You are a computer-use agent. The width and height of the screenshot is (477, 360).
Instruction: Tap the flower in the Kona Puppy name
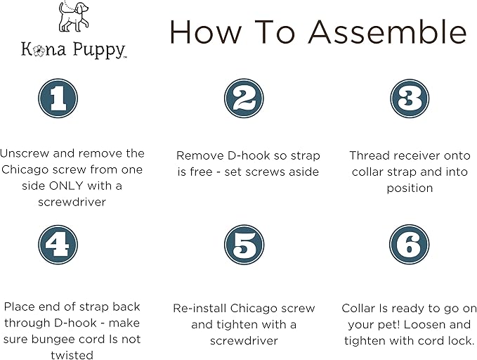tap(38, 50)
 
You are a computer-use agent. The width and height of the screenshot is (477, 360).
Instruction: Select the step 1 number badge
tap(58, 98)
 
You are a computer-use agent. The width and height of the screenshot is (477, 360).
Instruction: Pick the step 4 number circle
tap(58, 245)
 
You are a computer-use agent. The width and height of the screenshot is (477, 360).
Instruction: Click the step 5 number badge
tap(243, 245)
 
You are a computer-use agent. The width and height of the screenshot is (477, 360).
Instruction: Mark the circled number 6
tap(409, 245)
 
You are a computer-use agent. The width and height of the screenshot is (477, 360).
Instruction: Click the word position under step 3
tap(410, 188)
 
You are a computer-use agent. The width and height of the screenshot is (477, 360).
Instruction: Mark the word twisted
tap(72, 355)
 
